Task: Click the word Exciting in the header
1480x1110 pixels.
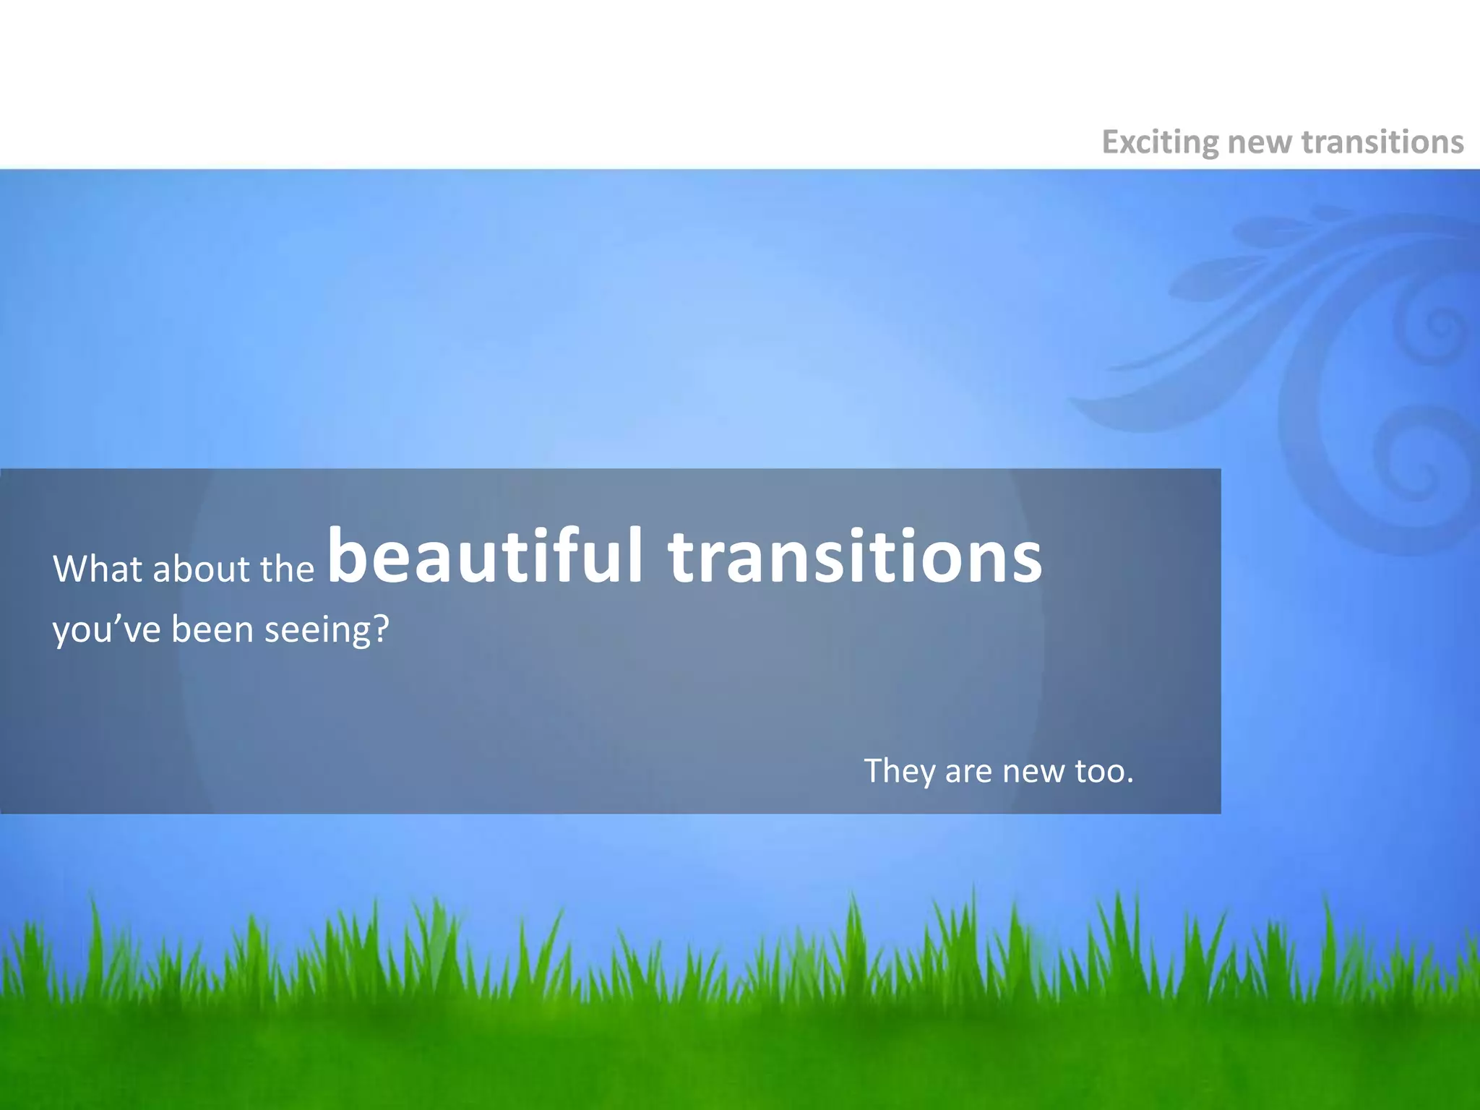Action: [1160, 142]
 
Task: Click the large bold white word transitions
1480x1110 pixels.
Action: [855, 556]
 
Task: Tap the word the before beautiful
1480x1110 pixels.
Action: [288, 569]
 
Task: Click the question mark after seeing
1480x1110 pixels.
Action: [381, 629]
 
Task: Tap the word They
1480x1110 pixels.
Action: [899, 772]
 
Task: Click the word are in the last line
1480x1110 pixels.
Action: [969, 772]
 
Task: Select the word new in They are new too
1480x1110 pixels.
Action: [1033, 772]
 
